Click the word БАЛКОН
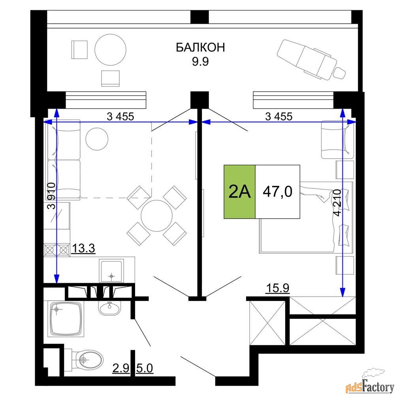[200, 47]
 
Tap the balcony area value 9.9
[200, 62]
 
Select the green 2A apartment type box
[240, 192]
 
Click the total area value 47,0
[278, 192]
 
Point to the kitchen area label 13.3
[83, 248]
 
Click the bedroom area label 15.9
[278, 288]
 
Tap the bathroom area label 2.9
[121, 368]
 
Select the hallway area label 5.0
[145, 368]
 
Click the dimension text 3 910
[51, 196]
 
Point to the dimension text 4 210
[337, 203]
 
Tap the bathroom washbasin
[109, 308]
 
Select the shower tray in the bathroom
[66, 319]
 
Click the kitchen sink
[111, 270]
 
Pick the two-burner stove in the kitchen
[57, 250]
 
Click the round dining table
[156, 216]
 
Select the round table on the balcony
[110, 50]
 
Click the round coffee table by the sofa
[97, 139]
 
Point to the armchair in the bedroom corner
[337, 139]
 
